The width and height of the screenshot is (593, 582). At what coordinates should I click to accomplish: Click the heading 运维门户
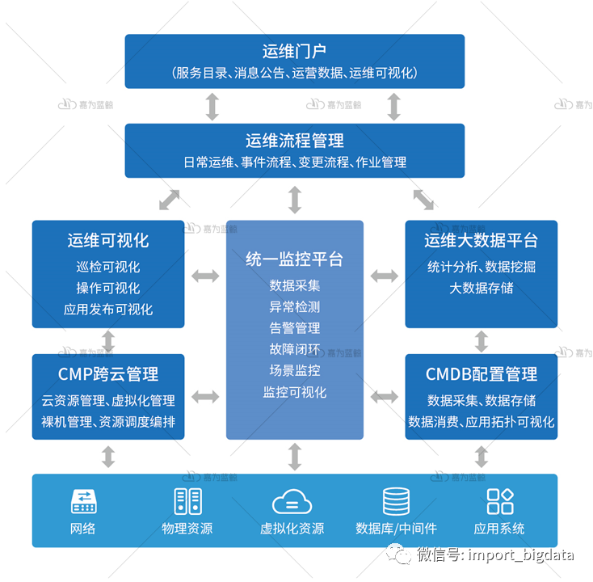click(294, 51)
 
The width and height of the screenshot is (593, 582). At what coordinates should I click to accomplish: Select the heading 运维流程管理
click(294, 141)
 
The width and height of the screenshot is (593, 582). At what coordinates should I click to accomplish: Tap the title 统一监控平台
click(294, 259)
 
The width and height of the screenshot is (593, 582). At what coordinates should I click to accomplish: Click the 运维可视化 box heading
click(108, 240)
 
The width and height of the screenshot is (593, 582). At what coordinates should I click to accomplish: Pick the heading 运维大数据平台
click(481, 240)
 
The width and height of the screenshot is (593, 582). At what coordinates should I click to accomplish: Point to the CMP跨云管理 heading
click(108, 373)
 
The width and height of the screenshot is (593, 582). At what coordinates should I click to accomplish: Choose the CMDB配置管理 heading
click(481, 373)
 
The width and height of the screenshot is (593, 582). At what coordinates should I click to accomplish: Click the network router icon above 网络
click(83, 501)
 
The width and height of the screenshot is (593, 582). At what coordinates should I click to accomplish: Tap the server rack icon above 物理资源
click(187, 501)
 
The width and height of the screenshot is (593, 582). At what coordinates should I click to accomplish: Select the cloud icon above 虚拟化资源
click(292, 502)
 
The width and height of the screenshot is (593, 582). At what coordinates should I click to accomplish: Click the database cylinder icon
click(396, 501)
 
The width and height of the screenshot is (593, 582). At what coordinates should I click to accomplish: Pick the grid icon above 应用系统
click(499, 501)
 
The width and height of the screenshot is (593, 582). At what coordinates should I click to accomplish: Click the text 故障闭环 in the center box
click(294, 349)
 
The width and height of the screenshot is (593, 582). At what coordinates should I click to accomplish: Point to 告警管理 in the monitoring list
click(294, 328)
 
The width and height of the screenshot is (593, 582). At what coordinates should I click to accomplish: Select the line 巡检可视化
click(108, 267)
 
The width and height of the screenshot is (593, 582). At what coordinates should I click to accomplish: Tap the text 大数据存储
click(481, 288)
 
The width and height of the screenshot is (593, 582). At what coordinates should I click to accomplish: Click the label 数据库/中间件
click(396, 529)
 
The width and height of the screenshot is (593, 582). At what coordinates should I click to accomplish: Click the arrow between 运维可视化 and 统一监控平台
click(205, 276)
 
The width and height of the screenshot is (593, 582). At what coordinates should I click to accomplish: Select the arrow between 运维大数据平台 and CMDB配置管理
click(482, 341)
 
